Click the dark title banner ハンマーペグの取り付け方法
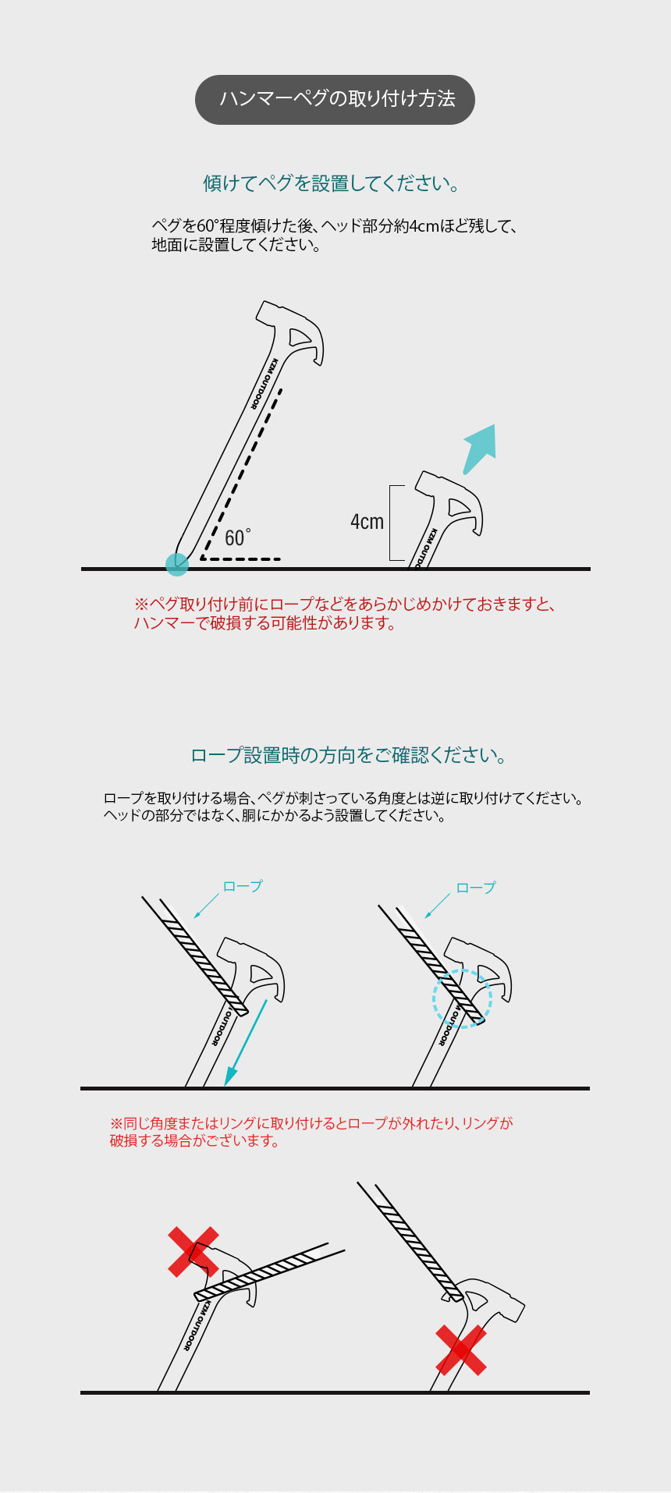(335, 99)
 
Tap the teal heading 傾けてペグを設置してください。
(332, 183)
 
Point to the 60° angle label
(236, 537)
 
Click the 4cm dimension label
(367, 522)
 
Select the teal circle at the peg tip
(177, 564)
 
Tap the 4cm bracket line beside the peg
(390, 523)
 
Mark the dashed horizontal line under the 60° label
(242, 559)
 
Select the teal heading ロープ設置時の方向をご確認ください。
(350, 755)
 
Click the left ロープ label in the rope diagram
(243, 886)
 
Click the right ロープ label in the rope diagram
(475, 888)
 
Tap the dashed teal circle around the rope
(463, 998)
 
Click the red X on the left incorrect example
(193, 1251)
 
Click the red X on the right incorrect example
(461, 1350)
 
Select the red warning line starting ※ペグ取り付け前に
(343, 605)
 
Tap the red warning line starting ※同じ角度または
(311, 1123)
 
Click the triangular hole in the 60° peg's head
(300, 337)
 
